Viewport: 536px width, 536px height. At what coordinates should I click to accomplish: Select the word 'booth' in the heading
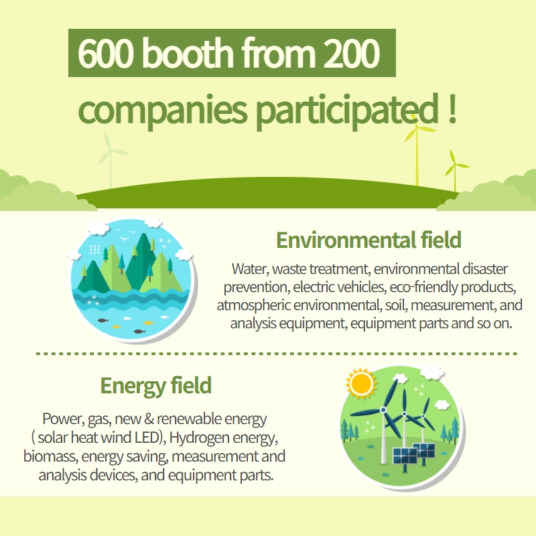click(188, 52)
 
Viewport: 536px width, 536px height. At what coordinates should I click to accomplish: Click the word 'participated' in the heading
click(347, 111)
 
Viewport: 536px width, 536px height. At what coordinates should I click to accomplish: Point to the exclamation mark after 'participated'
click(452, 108)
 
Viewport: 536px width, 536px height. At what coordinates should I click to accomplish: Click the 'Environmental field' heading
click(369, 240)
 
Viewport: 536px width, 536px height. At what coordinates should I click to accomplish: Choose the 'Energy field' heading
click(156, 386)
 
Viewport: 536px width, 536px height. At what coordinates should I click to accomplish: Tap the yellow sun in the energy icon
click(361, 383)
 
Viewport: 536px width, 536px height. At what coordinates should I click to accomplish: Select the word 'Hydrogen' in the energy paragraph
click(199, 438)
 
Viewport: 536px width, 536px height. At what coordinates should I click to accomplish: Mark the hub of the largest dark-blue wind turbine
click(383, 409)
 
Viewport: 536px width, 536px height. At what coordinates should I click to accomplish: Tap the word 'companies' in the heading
click(162, 109)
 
